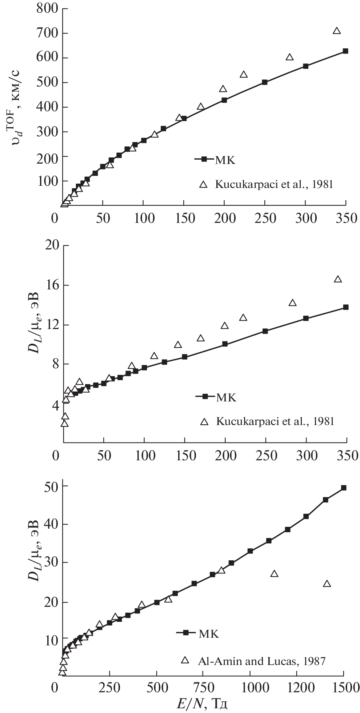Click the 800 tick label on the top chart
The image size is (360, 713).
(x=48, y=8)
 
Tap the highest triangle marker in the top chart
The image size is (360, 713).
(x=337, y=31)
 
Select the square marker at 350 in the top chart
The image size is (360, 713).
(x=345, y=51)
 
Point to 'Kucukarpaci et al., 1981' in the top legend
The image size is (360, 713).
(x=274, y=184)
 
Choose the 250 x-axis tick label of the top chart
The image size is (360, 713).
(x=265, y=218)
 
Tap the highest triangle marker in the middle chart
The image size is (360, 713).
(x=338, y=279)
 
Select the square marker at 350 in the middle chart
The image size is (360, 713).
(x=345, y=307)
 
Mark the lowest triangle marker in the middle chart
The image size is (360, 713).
(x=65, y=423)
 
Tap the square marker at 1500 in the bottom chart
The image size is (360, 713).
(x=344, y=488)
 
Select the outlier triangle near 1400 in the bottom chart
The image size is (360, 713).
(x=327, y=584)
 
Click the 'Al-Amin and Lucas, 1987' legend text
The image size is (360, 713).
(x=261, y=661)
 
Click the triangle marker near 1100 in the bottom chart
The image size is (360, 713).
(x=275, y=574)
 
